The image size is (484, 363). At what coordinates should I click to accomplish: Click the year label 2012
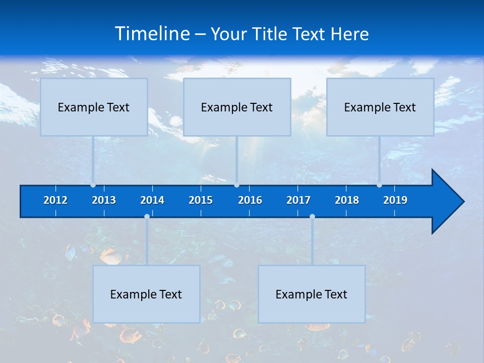pos(55,200)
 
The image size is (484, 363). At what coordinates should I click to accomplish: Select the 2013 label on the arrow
pos(104,200)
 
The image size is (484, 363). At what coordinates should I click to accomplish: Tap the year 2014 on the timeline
pos(152,200)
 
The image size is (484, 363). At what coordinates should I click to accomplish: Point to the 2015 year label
pos(201,200)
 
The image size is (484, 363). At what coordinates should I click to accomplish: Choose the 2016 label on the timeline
pos(250,200)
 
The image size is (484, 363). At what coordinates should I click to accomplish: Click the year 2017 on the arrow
pos(298,200)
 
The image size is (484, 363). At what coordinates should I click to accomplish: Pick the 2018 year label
pos(347,200)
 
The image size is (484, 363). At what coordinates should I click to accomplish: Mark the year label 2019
pos(395,200)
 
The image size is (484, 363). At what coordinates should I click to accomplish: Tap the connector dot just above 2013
pos(93,185)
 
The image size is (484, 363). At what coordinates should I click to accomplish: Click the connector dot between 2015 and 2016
pos(236,185)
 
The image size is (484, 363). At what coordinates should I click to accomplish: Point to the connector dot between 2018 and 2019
pos(379,185)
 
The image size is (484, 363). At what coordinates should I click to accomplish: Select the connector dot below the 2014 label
pos(147,217)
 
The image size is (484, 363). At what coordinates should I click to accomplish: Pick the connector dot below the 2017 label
pos(312,217)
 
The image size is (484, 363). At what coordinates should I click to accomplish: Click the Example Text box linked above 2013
pos(94,107)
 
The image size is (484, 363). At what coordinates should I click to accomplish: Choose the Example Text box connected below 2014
pos(146,294)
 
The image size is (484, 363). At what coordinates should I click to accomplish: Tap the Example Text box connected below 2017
pos(312,294)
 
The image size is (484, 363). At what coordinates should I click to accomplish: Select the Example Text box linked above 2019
pos(380,107)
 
